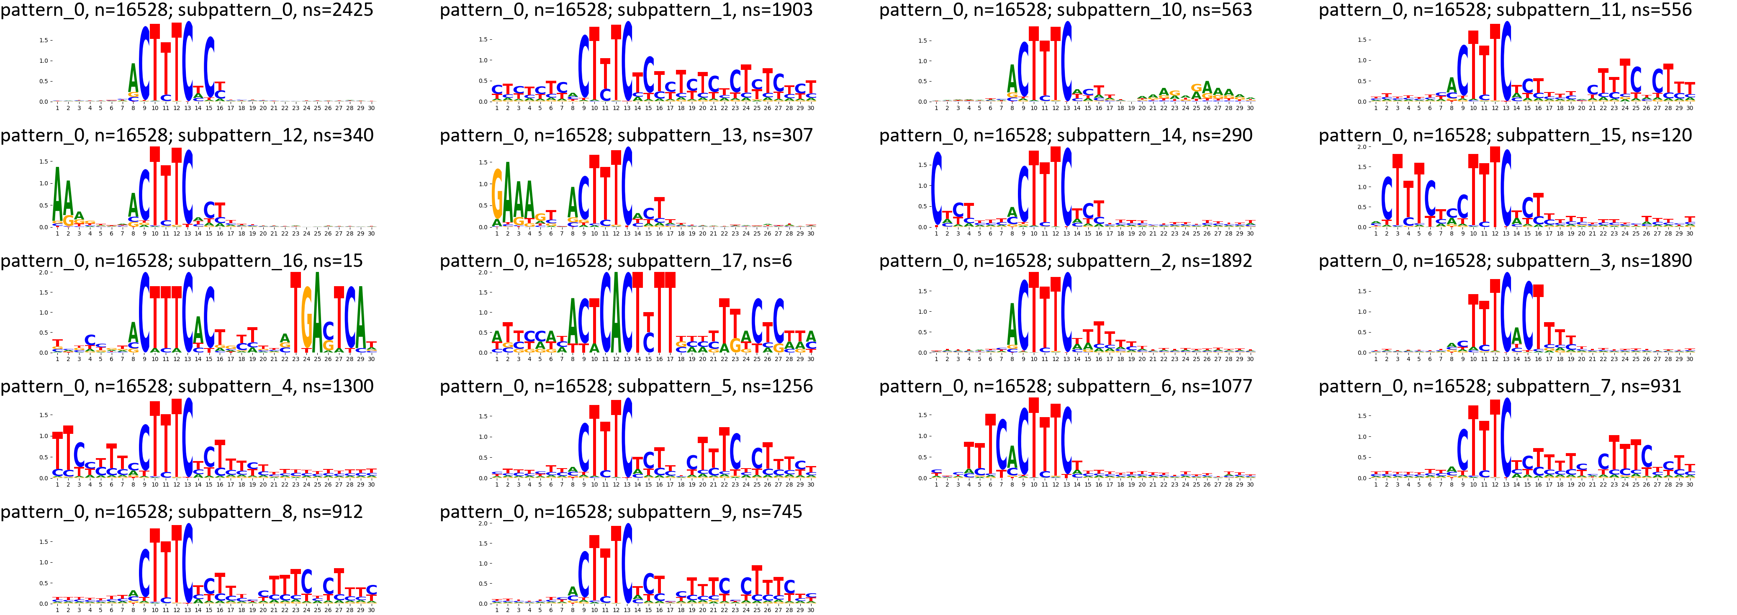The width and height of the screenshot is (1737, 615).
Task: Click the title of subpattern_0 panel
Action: click(187, 10)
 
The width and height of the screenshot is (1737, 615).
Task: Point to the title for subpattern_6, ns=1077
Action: click(1065, 387)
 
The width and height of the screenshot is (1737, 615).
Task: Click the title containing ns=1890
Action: click(1505, 261)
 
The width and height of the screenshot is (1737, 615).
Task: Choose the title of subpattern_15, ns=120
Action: click(1505, 136)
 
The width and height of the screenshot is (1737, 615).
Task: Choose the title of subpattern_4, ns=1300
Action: click(187, 387)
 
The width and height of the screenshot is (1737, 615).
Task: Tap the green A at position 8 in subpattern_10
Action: click(1012, 79)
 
